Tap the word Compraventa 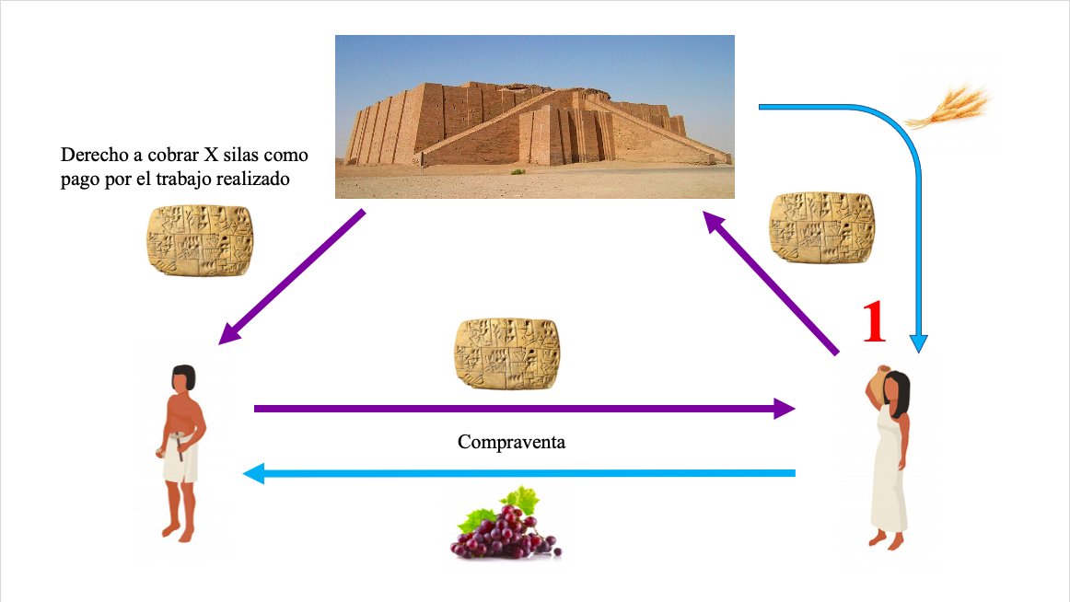point(511,442)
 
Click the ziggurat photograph point(534,116)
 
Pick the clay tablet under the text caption point(200,239)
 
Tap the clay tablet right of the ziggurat point(820,227)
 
